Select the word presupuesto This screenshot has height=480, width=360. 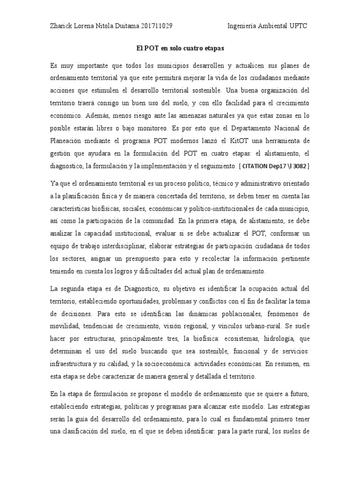click(149, 258)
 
